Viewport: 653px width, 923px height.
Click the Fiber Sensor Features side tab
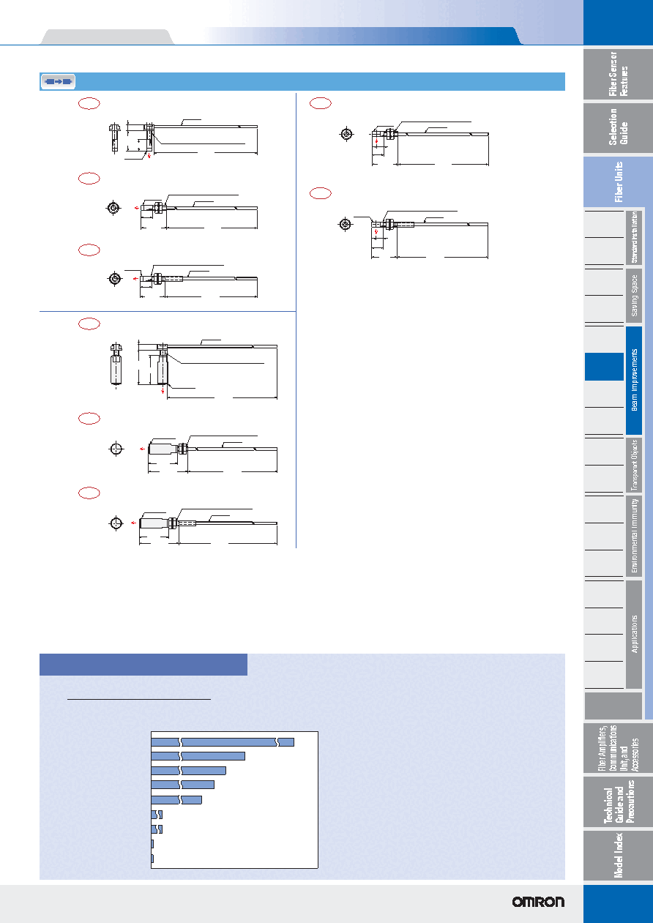pos(618,74)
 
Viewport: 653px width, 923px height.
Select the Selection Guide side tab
pos(618,128)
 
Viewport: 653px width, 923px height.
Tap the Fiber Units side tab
pos(618,182)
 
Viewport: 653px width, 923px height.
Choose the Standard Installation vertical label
pos(634,237)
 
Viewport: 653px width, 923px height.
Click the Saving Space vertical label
pos(634,296)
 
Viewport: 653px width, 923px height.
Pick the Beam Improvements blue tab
pos(634,381)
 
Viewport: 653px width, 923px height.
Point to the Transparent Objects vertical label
pos(634,466)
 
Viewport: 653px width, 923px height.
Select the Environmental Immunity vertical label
pos(634,536)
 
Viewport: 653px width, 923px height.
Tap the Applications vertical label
pos(634,634)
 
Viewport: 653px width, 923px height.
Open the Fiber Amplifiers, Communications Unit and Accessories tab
pos(618,748)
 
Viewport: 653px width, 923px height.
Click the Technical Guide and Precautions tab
pos(618,801)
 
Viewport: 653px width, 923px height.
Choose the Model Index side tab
pos(618,855)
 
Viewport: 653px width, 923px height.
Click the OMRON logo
pos(538,902)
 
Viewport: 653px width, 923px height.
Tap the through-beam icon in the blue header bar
pos(58,81)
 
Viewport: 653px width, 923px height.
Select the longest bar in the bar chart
pos(223,742)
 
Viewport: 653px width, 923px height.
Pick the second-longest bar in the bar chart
pos(198,756)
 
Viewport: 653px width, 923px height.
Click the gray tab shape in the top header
pos(107,37)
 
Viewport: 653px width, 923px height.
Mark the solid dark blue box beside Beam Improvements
pos(605,367)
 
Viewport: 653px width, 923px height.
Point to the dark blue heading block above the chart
pos(143,664)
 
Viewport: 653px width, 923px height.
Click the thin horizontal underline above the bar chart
pos(139,699)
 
